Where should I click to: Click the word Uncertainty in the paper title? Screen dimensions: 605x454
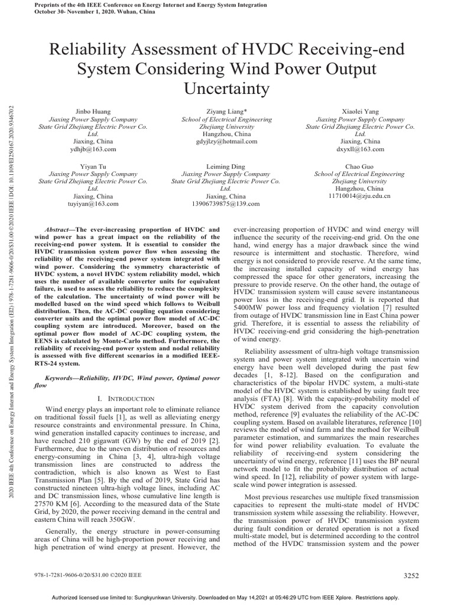coord(226,89)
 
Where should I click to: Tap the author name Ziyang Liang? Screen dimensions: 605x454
coord(226,111)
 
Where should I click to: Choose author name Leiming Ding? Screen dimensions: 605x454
coord(226,167)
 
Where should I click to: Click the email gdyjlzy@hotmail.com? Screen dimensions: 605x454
coord(226,142)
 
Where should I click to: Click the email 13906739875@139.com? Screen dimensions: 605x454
coord(226,204)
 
